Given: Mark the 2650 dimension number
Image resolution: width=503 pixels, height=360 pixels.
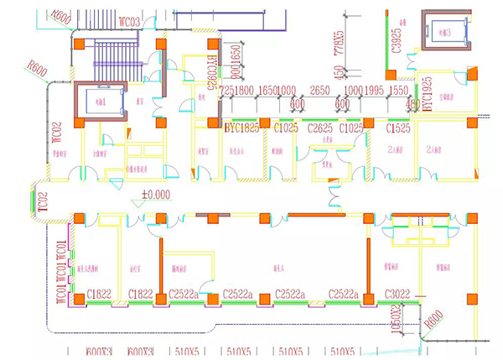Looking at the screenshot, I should (319, 90).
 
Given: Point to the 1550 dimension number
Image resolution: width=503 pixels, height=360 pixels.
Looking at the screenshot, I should (399, 90).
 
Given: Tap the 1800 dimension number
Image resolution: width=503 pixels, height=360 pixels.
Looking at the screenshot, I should (244, 90).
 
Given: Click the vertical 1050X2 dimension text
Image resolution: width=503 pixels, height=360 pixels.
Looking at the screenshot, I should (396, 323).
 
